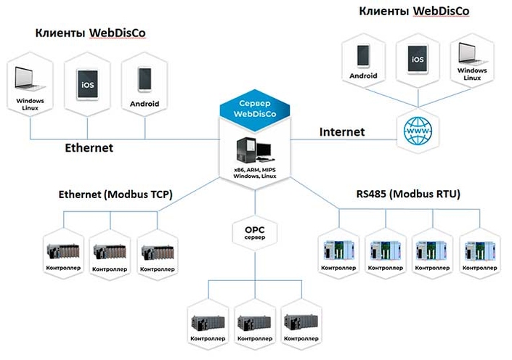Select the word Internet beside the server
pyautogui.click(x=342, y=132)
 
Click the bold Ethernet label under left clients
pyautogui.click(x=89, y=147)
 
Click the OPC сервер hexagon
pyautogui.click(x=255, y=233)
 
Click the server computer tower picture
pyautogui.click(x=249, y=150)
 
